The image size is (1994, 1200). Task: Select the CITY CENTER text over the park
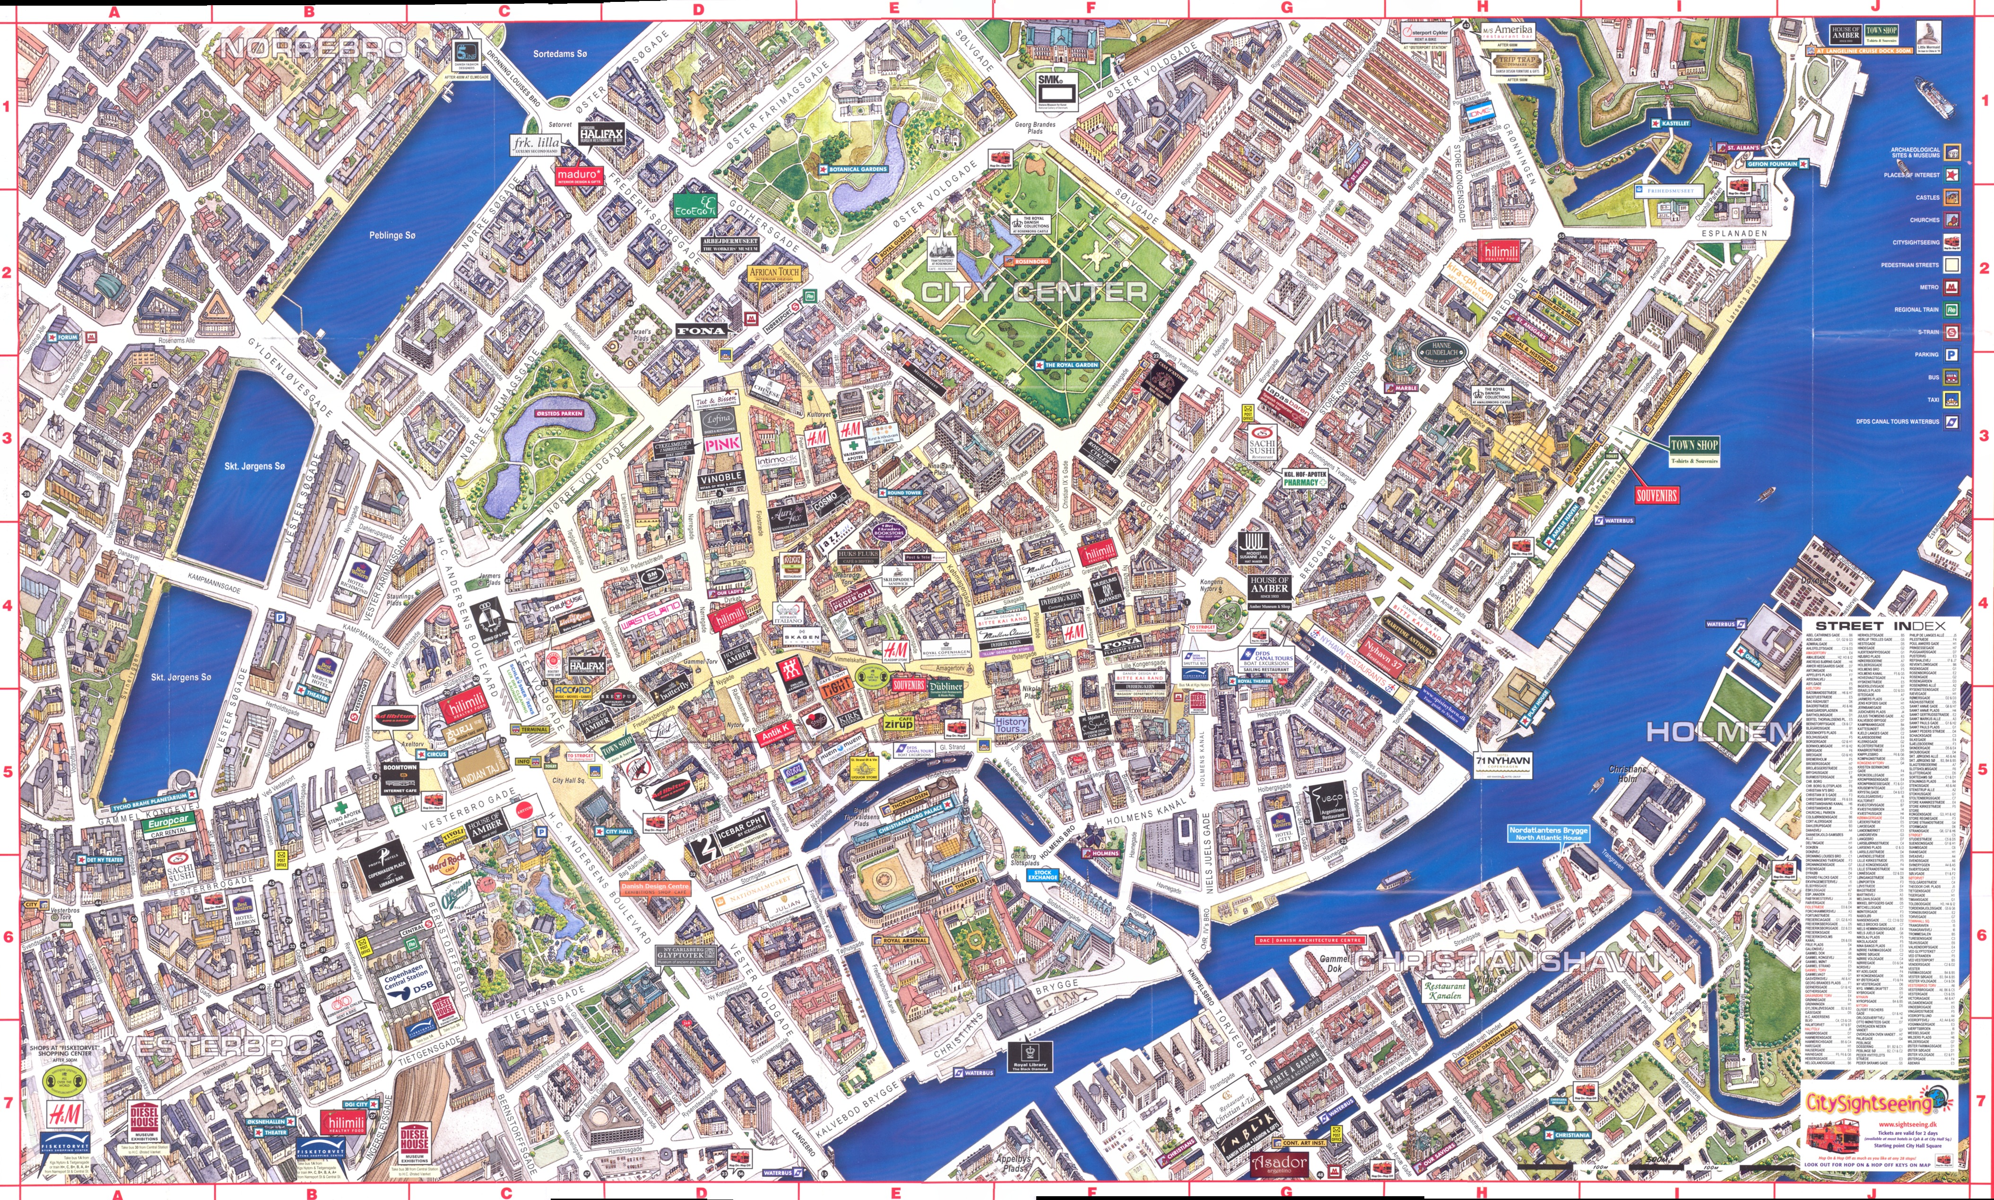(x=1035, y=292)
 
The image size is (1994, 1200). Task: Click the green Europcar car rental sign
(x=168, y=822)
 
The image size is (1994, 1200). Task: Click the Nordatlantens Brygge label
(x=1548, y=833)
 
